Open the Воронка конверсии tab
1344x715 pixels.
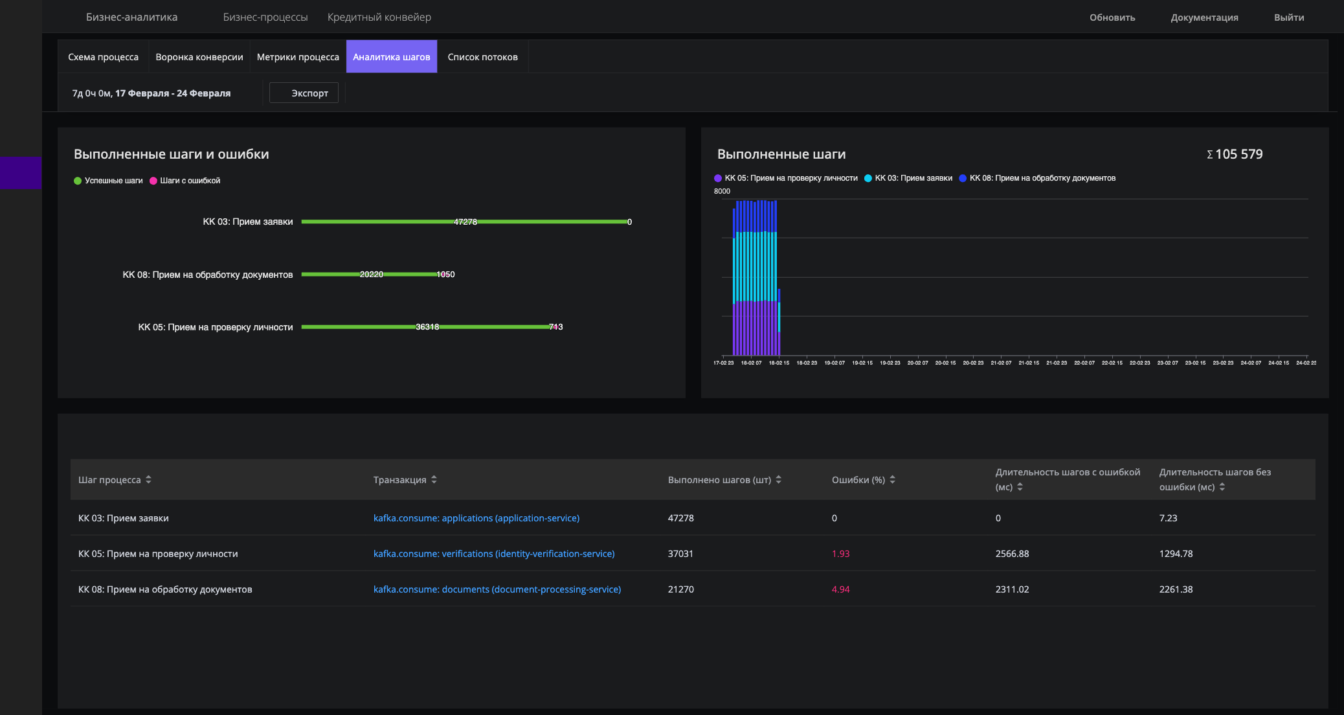click(199, 57)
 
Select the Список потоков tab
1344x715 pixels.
click(482, 57)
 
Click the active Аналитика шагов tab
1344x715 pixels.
click(391, 57)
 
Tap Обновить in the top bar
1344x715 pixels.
click(1112, 17)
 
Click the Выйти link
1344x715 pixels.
click(1288, 17)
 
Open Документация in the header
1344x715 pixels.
click(1204, 17)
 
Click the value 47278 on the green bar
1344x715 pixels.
click(465, 222)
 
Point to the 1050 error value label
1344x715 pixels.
click(445, 275)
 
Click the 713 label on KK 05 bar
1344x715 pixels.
click(555, 327)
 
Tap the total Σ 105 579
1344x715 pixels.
click(1235, 154)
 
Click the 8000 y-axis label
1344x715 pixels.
click(722, 191)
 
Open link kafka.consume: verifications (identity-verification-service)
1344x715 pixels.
click(494, 554)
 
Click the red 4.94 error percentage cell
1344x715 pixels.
click(840, 589)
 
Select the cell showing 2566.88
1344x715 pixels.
click(1012, 554)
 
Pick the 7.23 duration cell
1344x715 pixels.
click(1168, 518)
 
